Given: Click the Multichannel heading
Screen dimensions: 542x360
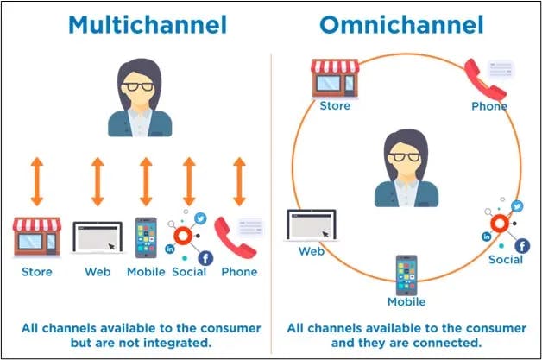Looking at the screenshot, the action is click(x=148, y=24).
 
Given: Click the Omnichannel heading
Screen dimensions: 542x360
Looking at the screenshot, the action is click(x=401, y=24).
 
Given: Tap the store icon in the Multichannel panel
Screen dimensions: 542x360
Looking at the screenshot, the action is click(x=37, y=237).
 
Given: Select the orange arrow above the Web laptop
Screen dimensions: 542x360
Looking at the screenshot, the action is click(x=98, y=181).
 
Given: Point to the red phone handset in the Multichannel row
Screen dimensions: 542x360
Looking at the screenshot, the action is click(x=235, y=238).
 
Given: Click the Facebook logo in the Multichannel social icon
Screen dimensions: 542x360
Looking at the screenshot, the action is click(x=205, y=258).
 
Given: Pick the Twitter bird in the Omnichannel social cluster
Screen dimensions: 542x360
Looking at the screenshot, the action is click(x=517, y=206).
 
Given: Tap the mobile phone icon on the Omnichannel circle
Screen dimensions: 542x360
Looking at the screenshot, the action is click(x=406, y=275).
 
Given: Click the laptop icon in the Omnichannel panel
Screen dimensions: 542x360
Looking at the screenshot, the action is click(x=311, y=225).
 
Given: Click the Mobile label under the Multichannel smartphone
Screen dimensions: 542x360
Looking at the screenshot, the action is click(x=146, y=272).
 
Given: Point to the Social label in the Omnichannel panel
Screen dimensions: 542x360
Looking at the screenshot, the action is click(x=506, y=260).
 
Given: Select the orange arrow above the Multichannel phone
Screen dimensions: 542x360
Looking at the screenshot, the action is click(x=239, y=181).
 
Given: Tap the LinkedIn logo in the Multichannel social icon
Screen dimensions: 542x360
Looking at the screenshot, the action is click(x=170, y=249).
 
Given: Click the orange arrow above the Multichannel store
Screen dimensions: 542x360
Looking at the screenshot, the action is click(x=37, y=181).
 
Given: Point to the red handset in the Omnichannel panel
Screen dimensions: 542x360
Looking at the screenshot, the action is click(x=484, y=79).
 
